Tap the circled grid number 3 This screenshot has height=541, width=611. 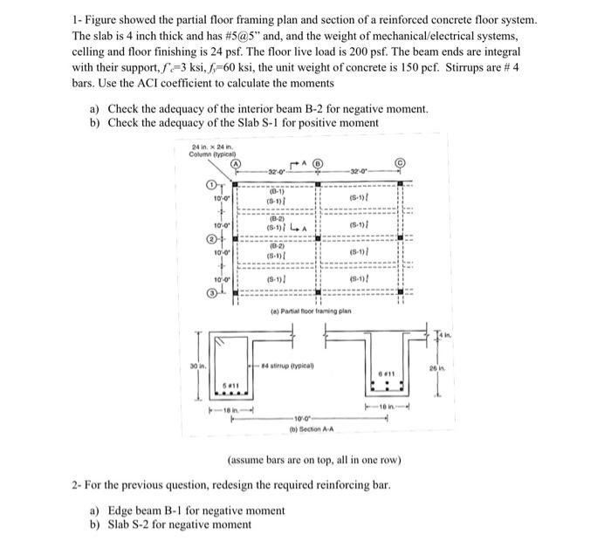click(x=210, y=293)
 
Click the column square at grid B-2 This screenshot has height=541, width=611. click(x=318, y=238)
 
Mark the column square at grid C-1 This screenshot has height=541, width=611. click(x=401, y=184)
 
